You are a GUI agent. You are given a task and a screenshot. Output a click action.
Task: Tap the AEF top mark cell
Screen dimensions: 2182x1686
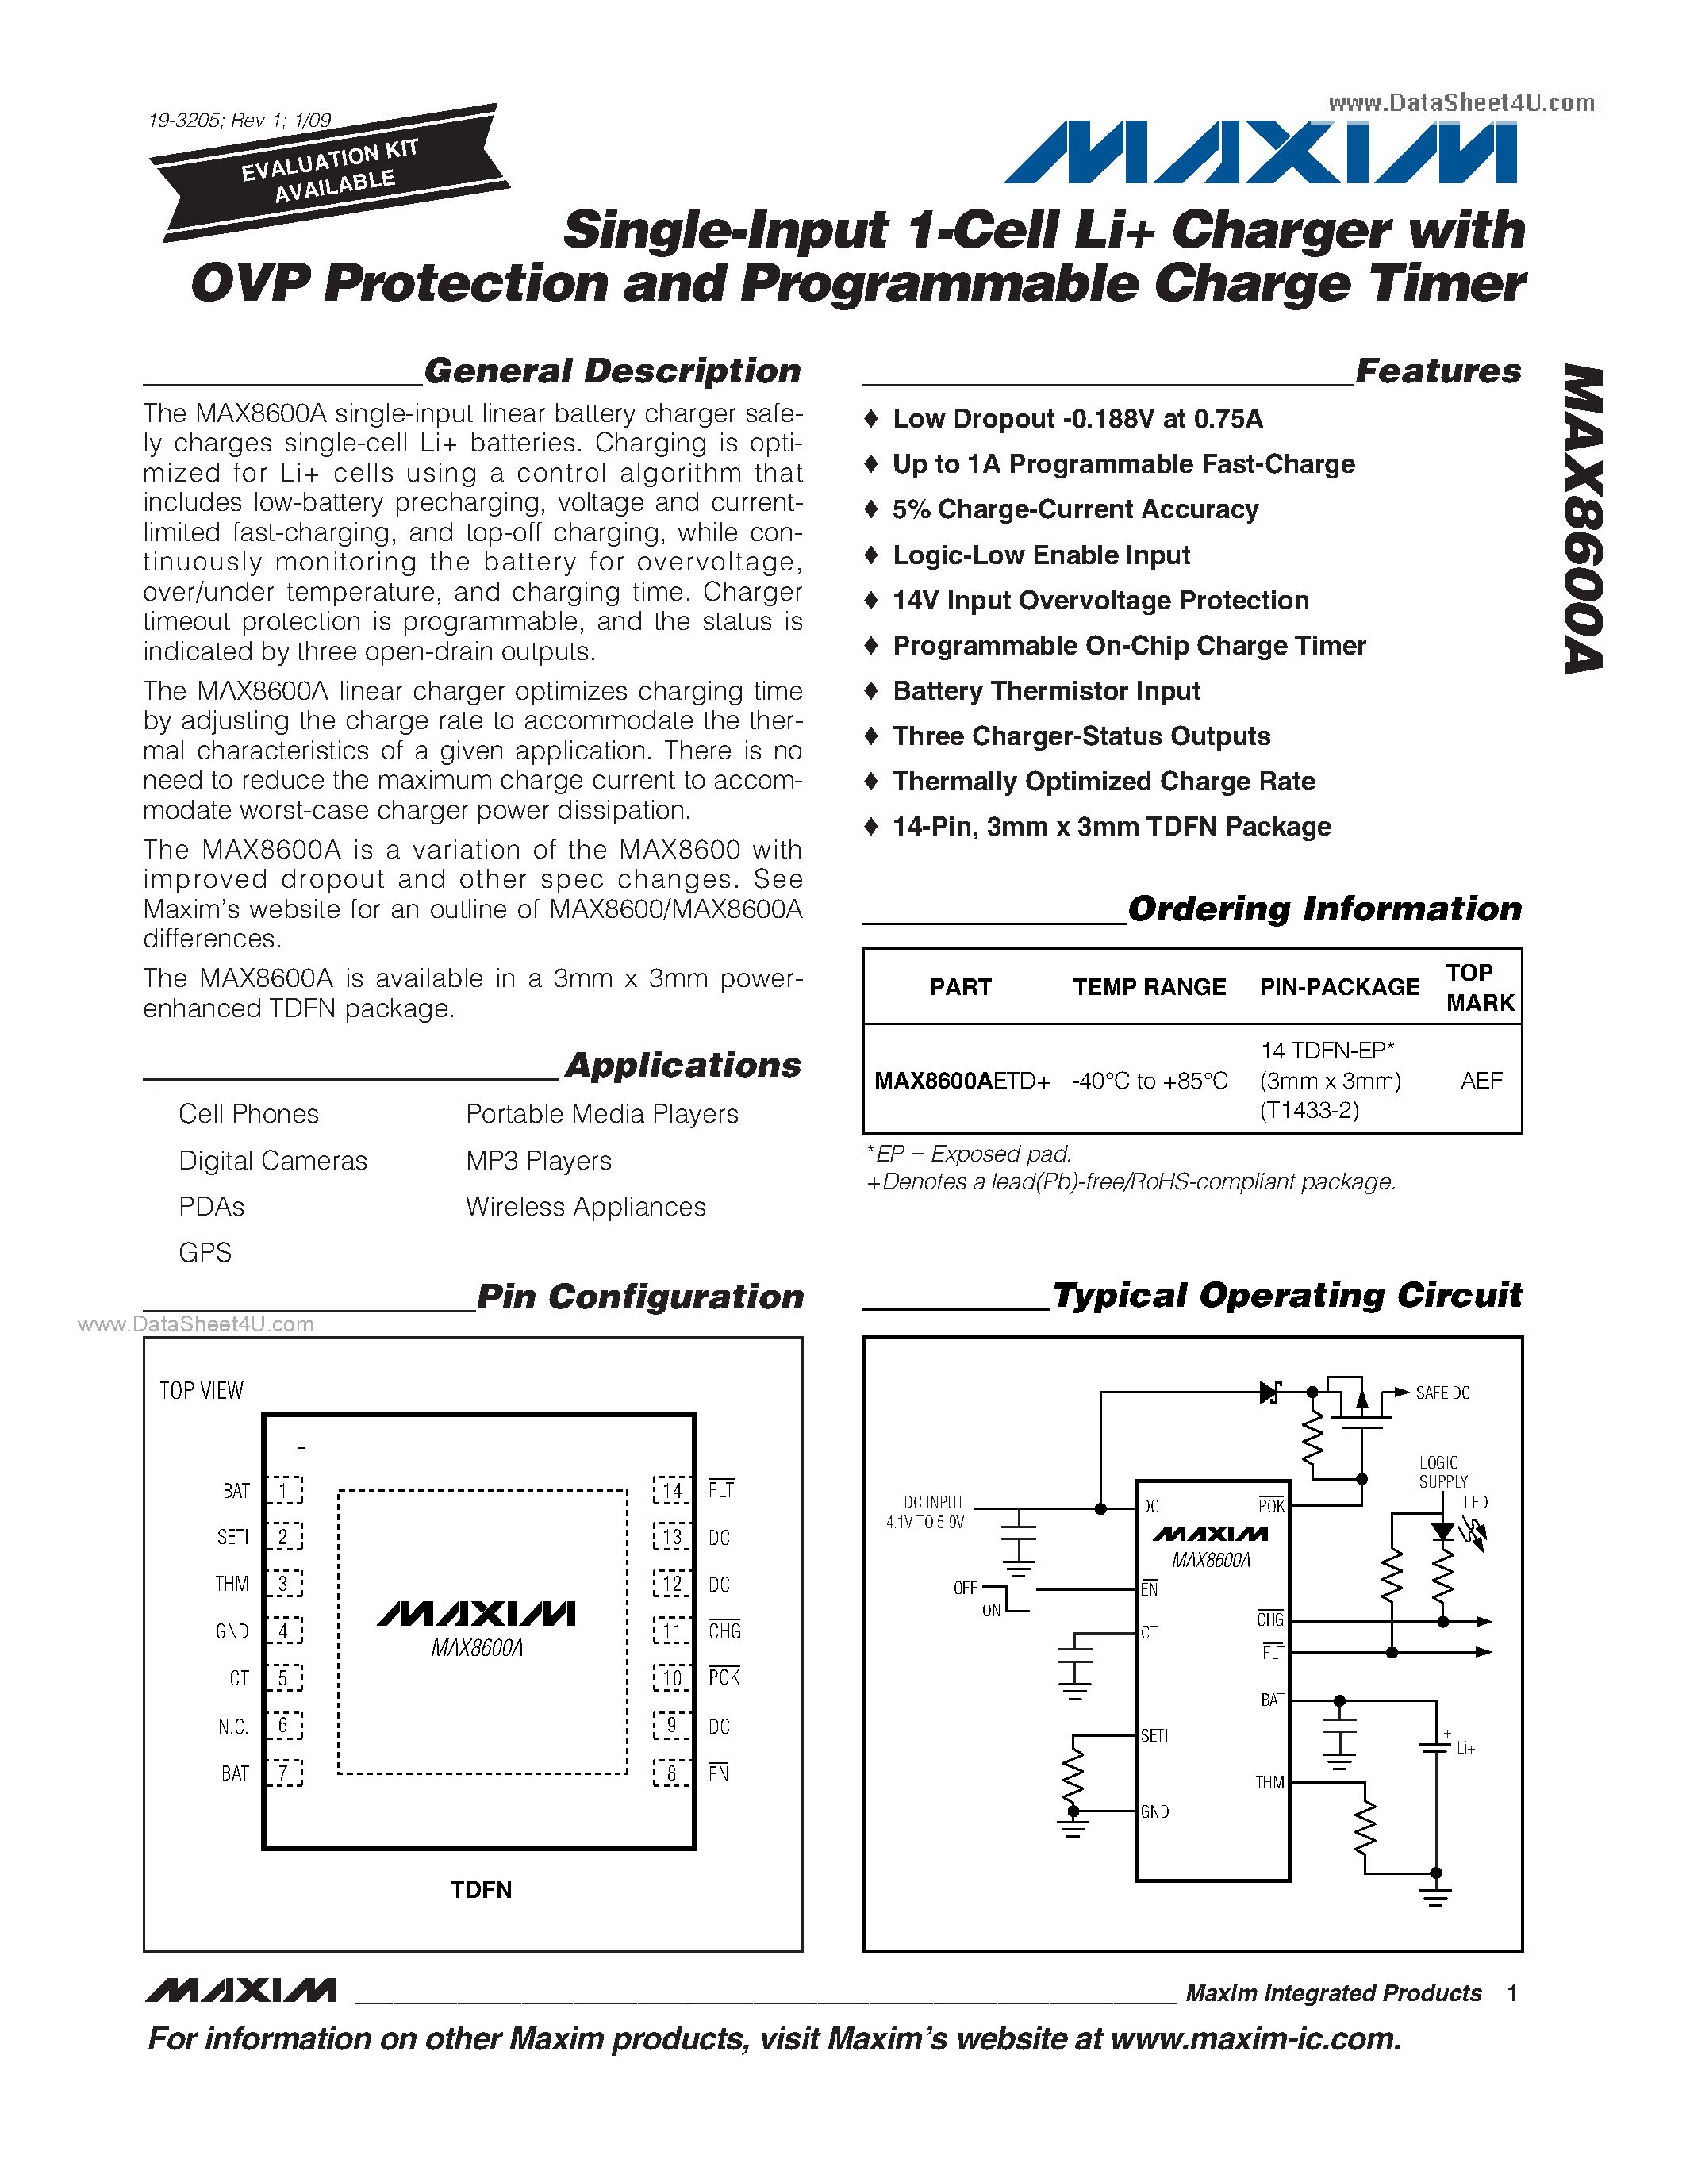[x=1481, y=1080]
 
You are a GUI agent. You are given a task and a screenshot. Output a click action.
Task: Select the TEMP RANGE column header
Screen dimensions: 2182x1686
[x=1149, y=986]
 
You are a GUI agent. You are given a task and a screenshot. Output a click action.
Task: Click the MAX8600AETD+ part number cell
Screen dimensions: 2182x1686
[x=961, y=1080]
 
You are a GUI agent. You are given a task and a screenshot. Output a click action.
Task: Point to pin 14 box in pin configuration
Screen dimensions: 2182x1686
[x=672, y=1489]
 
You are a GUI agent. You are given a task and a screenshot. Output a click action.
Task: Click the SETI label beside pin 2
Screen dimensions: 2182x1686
[x=232, y=1537]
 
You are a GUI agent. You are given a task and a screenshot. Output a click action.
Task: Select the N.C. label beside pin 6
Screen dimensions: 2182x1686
[x=232, y=1726]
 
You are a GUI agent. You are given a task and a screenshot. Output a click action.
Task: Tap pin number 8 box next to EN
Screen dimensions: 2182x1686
[x=672, y=1773]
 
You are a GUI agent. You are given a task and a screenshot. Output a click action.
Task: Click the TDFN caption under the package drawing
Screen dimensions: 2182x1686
[x=481, y=1889]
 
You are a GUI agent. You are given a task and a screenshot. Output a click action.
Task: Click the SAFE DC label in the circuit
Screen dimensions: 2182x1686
[x=1442, y=1393]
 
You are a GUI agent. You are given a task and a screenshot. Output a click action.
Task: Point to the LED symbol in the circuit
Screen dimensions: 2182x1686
[x=1442, y=1531]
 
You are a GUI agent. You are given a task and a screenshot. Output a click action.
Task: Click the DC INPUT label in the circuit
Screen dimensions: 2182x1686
[x=932, y=1502]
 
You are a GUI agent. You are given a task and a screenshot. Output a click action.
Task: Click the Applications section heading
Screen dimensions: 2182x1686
[x=682, y=1065]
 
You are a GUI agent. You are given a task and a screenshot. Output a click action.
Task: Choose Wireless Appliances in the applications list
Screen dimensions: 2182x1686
[x=586, y=1206]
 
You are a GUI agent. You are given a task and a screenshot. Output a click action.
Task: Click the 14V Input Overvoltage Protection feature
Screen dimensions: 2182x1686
[x=1100, y=599]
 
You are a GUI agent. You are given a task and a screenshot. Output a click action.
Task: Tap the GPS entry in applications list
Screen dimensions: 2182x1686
[x=205, y=1252]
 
